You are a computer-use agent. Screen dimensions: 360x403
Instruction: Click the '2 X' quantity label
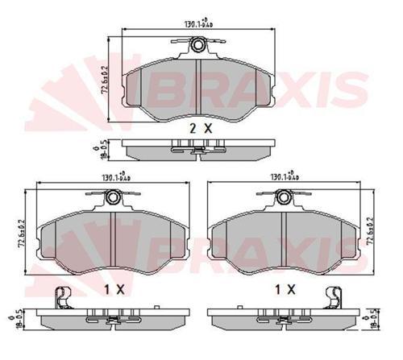coord(200,129)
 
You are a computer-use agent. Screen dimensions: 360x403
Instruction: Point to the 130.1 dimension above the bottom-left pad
coord(114,178)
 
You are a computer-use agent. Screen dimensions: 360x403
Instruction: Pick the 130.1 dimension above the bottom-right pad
coord(285,178)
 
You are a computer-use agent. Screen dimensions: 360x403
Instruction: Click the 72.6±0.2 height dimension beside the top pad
coord(104,81)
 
